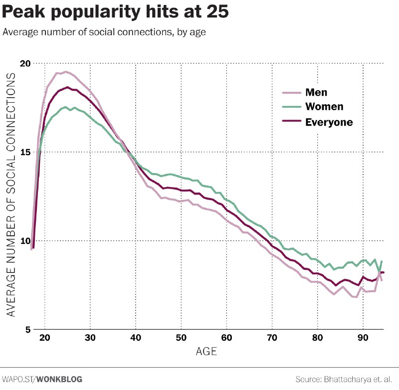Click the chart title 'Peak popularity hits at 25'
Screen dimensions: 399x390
(x=115, y=12)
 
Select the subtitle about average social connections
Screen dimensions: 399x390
(x=104, y=32)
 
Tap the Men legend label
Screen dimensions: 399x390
(x=316, y=92)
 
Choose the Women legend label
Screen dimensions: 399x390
(x=325, y=107)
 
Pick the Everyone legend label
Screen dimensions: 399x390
(x=329, y=122)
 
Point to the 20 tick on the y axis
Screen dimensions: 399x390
(x=25, y=63)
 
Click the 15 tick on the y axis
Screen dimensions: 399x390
(x=25, y=152)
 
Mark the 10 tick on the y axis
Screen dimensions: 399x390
(x=25, y=241)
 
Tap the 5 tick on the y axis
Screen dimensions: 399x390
(x=28, y=330)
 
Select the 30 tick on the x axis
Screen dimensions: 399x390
(x=90, y=338)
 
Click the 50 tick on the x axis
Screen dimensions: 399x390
(x=181, y=338)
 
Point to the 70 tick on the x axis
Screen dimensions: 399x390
(x=272, y=338)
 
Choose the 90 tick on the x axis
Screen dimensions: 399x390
(x=363, y=338)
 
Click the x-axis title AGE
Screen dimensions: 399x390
(x=206, y=352)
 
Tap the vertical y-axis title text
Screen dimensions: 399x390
(x=11, y=195)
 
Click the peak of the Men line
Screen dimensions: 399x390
(x=66, y=72)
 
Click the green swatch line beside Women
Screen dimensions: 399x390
(x=292, y=107)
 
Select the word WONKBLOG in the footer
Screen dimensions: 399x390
(x=59, y=380)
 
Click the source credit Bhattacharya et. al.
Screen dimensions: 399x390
(x=358, y=380)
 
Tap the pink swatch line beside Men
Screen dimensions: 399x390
(x=292, y=93)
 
